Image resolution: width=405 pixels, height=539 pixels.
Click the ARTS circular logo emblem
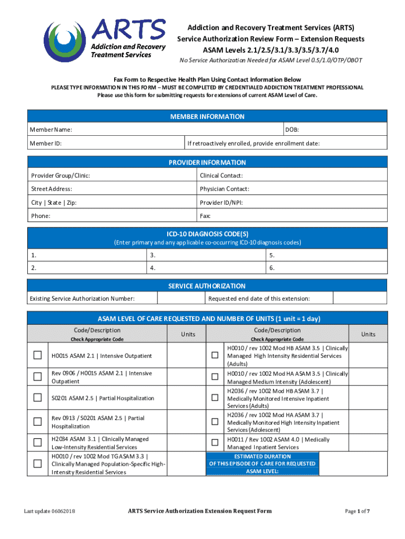65,41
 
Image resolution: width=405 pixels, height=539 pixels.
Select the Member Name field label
51,129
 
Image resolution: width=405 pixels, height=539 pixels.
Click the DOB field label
292,129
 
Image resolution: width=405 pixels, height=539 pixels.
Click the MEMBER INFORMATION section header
207,116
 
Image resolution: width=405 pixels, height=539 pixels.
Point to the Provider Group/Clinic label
60,176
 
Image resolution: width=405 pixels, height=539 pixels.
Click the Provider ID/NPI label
221,203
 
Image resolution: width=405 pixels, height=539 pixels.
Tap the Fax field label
205,216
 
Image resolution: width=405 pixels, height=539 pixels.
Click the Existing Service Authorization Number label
82,299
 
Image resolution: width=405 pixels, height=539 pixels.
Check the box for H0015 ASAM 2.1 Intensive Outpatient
38,355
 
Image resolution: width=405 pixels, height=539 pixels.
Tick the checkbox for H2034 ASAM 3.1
38,443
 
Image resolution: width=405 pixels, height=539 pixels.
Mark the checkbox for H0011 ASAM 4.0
215,443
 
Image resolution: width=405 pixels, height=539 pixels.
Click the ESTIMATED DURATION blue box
262,464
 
